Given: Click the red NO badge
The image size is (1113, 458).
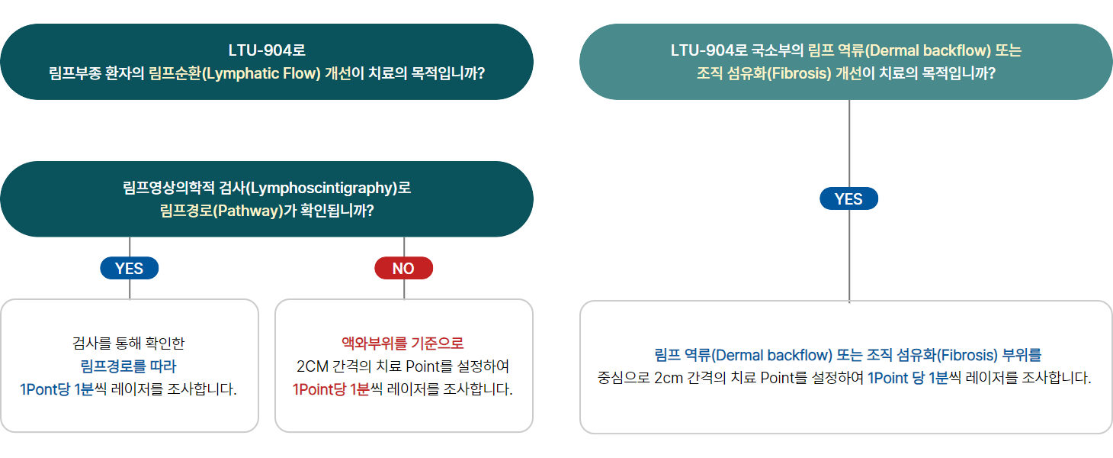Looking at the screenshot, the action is [403, 268].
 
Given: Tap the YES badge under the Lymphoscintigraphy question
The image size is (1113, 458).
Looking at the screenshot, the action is [130, 268].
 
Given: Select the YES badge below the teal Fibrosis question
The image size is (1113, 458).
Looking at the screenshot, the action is [848, 199].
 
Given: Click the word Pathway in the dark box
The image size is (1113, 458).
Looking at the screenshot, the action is [245, 211].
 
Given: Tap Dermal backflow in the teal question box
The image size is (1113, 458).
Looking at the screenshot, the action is [929, 51].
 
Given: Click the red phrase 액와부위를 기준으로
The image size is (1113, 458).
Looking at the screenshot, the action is [403, 343].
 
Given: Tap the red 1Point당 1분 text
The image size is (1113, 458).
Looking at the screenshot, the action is [331, 389].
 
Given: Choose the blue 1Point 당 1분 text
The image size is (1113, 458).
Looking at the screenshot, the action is [907, 378].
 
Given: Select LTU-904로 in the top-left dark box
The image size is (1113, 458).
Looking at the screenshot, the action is [266, 51].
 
